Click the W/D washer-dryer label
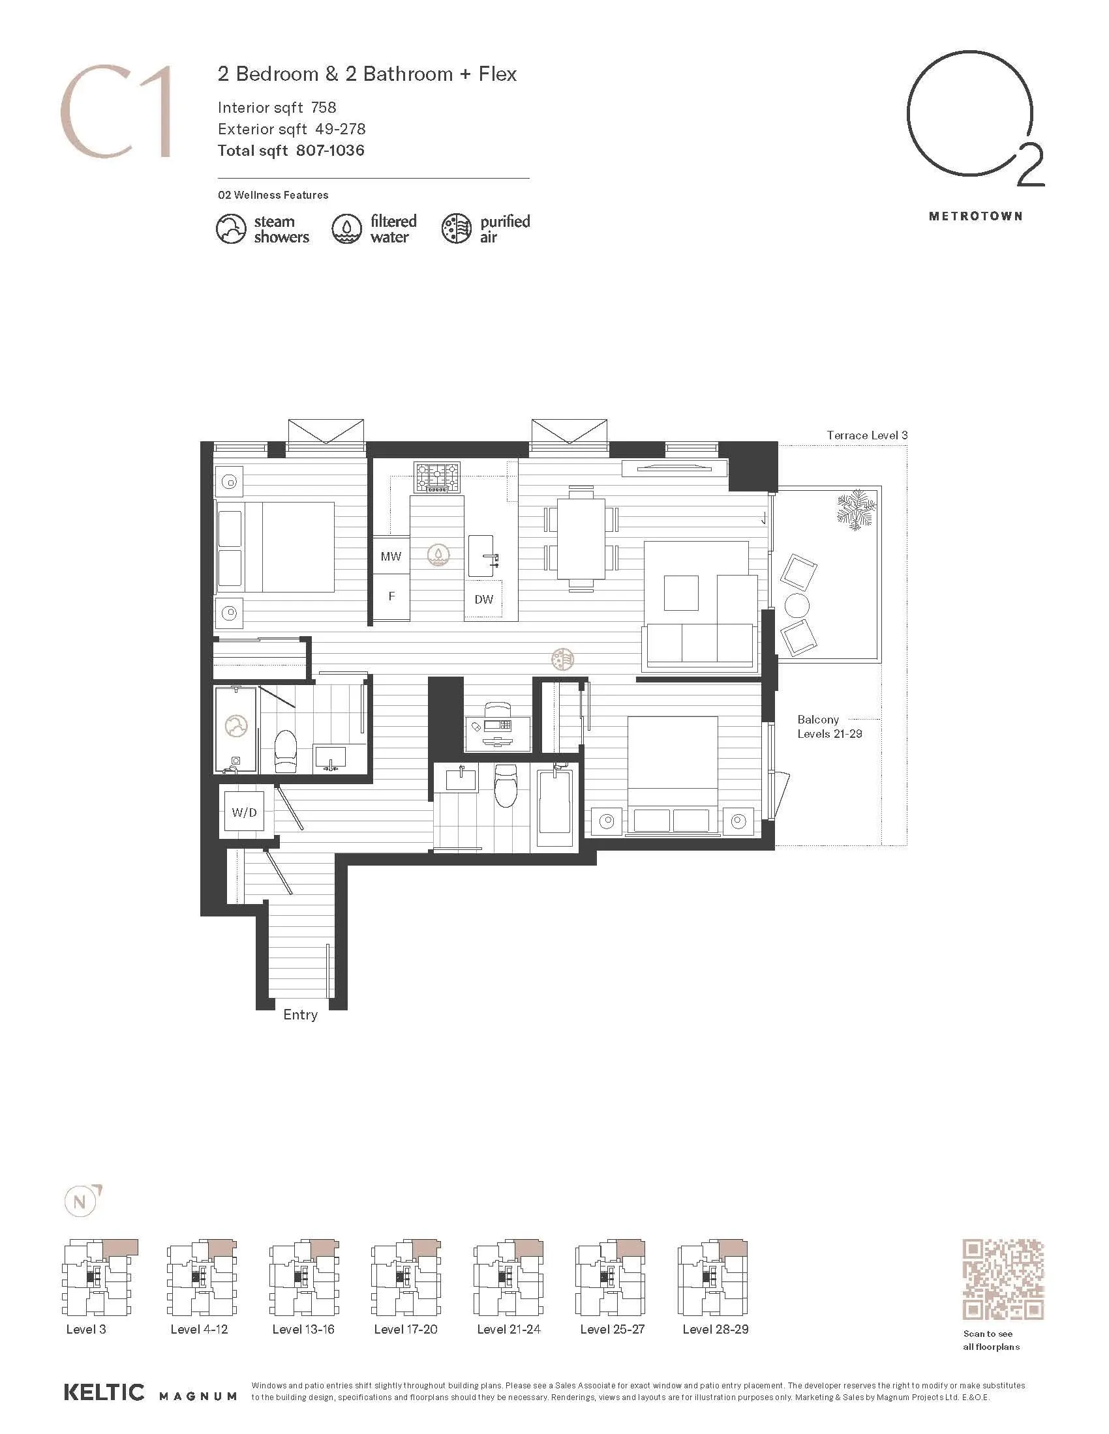coord(245,812)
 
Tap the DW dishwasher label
coord(483,599)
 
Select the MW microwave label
coord(391,556)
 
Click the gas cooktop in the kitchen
coord(437,477)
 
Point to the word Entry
coord(300,1014)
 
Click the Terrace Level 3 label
coord(867,435)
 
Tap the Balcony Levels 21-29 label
coord(830,727)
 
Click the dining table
coord(581,539)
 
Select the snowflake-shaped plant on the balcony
coord(856,510)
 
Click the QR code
coord(1003,1280)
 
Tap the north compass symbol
coord(81,1202)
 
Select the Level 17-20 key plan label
coord(405,1329)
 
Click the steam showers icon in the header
coord(232,229)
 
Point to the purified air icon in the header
coord(457,229)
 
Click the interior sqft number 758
coord(324,108)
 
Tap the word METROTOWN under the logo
coord(976,216)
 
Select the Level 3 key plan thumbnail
coord(100,1277)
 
